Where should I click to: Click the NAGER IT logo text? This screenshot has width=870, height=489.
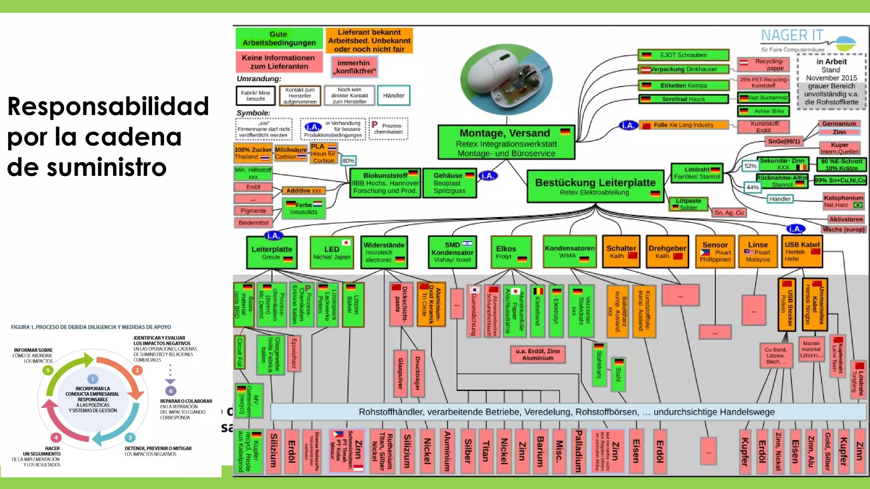tap(792, 36)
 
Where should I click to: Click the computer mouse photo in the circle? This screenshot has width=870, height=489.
tap(506, 79)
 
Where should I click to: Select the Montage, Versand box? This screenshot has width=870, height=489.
tap(506, 143)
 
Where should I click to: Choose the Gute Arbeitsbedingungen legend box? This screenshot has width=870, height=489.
tap(279, 39)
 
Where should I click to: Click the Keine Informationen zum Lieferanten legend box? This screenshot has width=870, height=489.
tap(279, 62)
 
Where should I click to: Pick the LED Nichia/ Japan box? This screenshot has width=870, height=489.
tap(331, 253)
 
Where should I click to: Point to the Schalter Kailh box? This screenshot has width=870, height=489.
tap(621, 252)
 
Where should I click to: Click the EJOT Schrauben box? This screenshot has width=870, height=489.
tap(683, 55)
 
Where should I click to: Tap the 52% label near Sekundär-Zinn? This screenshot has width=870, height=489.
tap(750, 166)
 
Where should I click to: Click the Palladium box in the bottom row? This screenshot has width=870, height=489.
tap(578, 451)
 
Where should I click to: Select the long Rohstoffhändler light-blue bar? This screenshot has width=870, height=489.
tap(567, 412)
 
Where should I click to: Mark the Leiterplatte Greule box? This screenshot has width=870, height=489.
tap(271, 253)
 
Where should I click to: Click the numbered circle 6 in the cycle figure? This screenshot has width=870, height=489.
tap(171, 391)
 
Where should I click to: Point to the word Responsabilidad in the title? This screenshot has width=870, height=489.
tap(108, 106)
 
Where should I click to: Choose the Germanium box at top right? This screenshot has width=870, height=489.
tap(839, 124)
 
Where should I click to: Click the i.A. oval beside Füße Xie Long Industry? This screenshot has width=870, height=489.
tap(628, 125)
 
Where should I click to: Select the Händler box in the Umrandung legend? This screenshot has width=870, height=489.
tap(393, 96)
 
